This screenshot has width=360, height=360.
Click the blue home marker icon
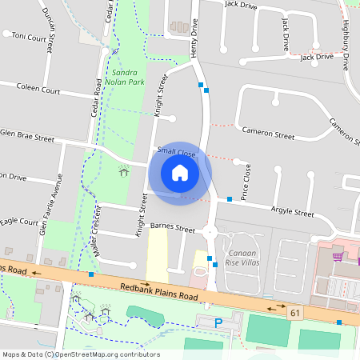tap(180, 172)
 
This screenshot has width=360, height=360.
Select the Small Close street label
tap(177, 150)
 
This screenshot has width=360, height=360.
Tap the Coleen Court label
tap(38, 90)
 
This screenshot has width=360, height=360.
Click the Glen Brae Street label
tap(27, 137)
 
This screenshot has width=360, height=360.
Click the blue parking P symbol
tap(219, 322)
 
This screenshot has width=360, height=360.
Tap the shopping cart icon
tap(338, 256)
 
